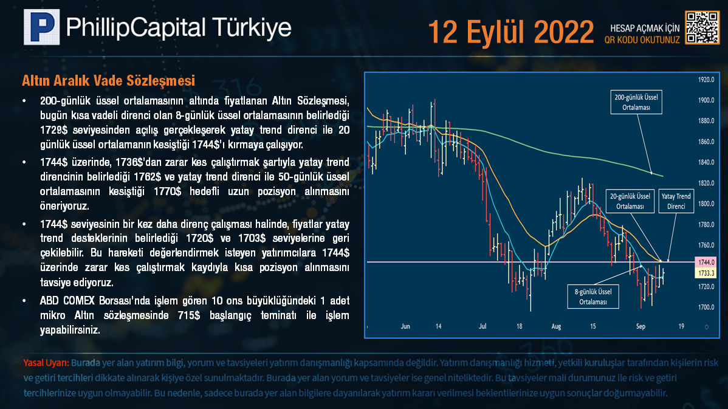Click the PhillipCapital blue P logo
coord(42,27)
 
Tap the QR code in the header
coord(702,27)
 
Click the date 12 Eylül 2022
coord(510,32)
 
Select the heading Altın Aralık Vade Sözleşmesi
coord(109,81)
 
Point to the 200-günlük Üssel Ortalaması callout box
coord(636,102)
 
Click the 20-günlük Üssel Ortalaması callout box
coord(630,201)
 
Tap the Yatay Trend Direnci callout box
coord(676,201)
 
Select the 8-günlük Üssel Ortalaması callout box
coord(593,297)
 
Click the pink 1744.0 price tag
coord(706,263)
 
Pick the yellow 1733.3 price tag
coord(706,273)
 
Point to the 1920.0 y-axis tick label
coord(706,80)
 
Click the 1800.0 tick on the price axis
coord(706,204)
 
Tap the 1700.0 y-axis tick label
coord(706,308)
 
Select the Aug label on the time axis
coord(556,326)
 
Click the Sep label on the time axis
coord(640,326)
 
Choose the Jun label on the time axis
coord(405,326)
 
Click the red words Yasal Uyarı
coord(46,363)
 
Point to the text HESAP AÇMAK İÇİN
coord(645,29)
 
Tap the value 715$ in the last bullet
coord(189,315)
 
